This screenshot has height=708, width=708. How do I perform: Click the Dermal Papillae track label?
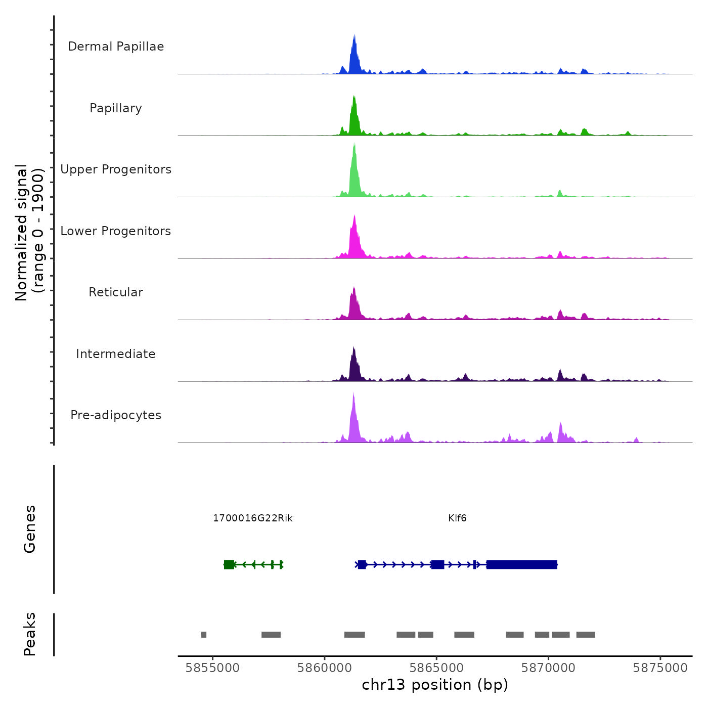click(x=116, y=47)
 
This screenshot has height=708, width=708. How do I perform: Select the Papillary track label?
click(x=116, y=108)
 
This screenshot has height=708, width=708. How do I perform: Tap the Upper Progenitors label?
click(x=116, y=169)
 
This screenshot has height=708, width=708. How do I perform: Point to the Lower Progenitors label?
click(x=116, y=231)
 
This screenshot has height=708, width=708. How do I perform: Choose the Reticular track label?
click(x=116, y=292)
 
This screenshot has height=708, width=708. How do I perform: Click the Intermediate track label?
click(x=116, y=354)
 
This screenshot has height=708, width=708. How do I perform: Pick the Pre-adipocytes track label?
click(x=116, y=415)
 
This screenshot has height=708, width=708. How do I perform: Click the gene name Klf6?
click(x=457, y=518)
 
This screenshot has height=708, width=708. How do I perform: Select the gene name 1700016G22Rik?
click(x=252, y=518)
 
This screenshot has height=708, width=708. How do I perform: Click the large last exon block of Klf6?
click(x=521, y=564)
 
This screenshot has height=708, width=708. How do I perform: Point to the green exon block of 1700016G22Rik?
click(x=229, y=564)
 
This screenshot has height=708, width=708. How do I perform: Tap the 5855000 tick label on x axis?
click(x=212, y=668)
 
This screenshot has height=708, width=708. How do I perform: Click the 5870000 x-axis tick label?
click(x=548, y=668)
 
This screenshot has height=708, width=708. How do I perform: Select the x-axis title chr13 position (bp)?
click(x=435, y=685)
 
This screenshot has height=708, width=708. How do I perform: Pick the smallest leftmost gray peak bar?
click(x=204, y=635)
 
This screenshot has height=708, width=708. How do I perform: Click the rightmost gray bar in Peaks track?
click(x=586, y=635)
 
